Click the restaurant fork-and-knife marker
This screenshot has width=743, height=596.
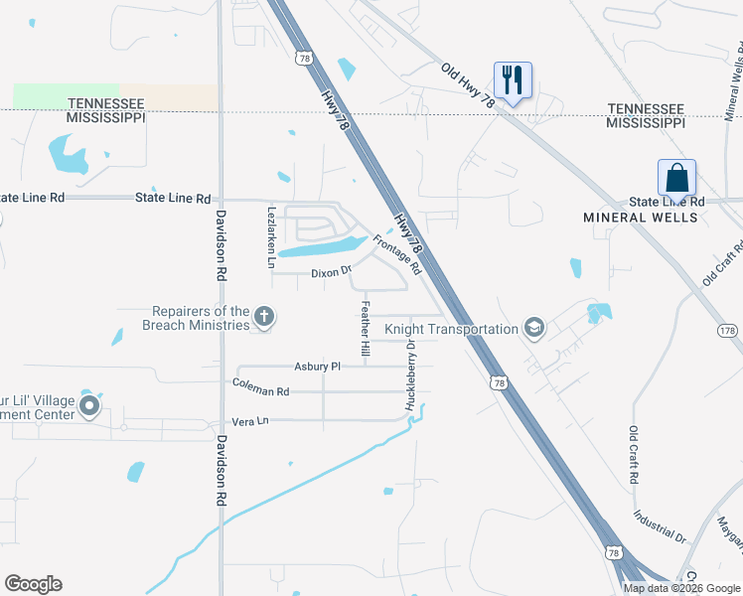click(x=513, y=79)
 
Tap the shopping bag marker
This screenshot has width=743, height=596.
click(x=676, y=178)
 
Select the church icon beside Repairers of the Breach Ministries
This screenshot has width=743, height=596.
click(x=263, y=318)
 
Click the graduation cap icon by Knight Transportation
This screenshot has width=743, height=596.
click(x=534, y=329)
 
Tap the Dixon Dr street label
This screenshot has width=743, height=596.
click(x=332, y=272)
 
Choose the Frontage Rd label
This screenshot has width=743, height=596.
click(x=397, y=255)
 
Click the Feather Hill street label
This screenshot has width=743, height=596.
click(x=366, y=330)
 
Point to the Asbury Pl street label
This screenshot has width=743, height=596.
click(x=318, y=367)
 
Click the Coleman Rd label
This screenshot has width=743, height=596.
click(x=260, y=385)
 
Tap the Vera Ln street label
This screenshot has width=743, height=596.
click(x=250, y=421)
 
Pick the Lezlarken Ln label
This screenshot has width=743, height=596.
click(x=271, y=237)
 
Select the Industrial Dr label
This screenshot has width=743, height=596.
click(x=661, y=526)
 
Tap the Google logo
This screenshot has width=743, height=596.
click(x=33, y=584)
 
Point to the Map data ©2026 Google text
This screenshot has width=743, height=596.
click(x=681, y=588)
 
